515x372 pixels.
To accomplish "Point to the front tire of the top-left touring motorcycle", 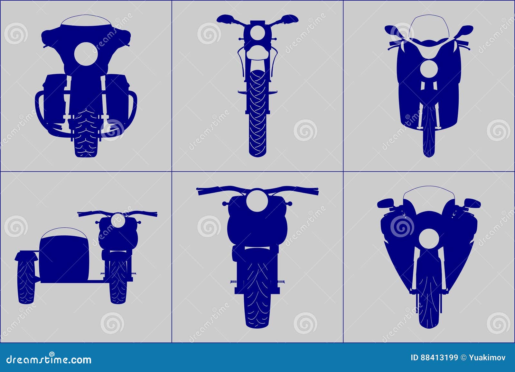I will [x=86, y=135].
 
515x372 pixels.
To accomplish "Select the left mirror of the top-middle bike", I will [x=224, y=18].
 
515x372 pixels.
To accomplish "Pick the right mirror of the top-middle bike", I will [x=291, y=18].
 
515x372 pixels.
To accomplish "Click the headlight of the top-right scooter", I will [x=429, y=69].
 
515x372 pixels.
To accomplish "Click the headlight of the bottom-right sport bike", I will [x=429, y=239].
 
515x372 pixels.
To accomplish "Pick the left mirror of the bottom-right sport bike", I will [x=386, y=203].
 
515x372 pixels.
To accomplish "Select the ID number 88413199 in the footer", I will [x=439, y=358].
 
